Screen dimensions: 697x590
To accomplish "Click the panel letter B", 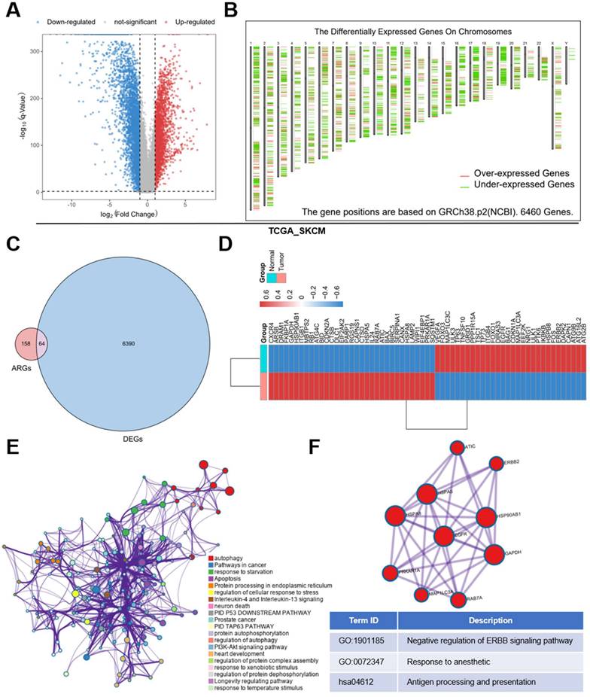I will click(x=232, y=11).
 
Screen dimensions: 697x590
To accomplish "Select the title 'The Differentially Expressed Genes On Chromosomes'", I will click(x=412, y=32).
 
